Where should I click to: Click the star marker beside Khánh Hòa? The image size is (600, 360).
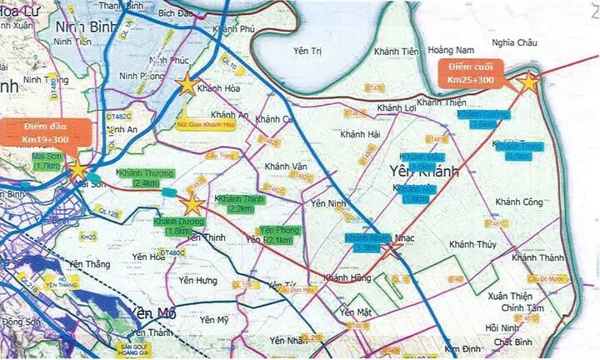pos(187,84)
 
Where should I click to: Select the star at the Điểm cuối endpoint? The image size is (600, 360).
pos(528,82)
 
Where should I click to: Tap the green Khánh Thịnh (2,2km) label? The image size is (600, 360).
pos(240,203)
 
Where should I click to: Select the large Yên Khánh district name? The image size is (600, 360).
pos(425,171)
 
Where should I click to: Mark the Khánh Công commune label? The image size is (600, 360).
pos(518,202)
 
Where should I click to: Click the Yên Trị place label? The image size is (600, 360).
pos(307,51)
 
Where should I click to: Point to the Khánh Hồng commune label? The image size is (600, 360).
pos(347,278)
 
